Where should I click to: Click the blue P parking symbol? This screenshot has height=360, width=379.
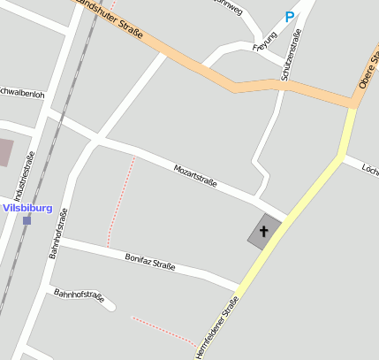tap(290, 17)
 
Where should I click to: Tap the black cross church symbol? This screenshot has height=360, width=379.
tap(263, 232)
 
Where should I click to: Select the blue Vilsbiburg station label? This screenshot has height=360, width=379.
tap(27, 209)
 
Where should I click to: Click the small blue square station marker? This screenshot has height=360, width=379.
tap(27, 220)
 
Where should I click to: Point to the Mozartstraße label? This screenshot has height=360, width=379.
tap(195, 173)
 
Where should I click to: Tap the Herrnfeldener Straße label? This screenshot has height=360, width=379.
tap(217, 331)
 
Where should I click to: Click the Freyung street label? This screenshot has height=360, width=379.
tap(265, 42)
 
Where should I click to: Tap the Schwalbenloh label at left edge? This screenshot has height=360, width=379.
tap(21, 92)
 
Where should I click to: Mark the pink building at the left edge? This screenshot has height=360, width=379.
tap(4, 151)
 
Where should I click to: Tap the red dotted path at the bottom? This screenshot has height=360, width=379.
tap(163, 328)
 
